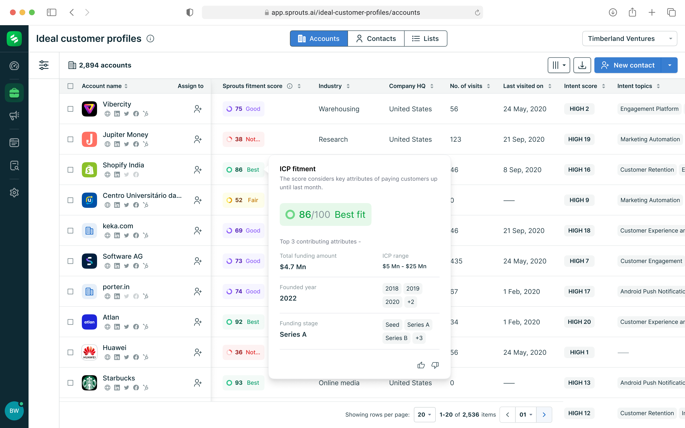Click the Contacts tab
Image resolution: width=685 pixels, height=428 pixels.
coord(376,39)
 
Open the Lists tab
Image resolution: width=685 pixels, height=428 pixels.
coord(426,39)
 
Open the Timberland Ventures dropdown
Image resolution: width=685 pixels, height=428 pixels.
coord(629,39)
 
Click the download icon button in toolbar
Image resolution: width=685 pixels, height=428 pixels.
coord(582,65)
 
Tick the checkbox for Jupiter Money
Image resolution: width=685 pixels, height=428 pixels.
coord(70,139)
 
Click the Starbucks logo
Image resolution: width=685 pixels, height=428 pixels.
coord(89,383)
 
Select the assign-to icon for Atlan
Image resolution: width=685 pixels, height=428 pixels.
coord(198,322)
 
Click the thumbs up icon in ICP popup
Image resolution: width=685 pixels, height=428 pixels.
coord(421,365)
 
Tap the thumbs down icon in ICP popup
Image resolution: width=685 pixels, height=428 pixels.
coord(435,365)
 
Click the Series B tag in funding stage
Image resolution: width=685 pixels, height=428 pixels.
coord(396,338)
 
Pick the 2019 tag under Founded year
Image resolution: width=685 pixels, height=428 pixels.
coord(412,288)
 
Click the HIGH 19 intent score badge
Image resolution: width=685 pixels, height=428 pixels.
coord(579,139)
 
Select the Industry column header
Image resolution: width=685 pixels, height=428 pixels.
coord(330,86)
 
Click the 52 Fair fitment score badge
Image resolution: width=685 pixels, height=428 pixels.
coord(243,200)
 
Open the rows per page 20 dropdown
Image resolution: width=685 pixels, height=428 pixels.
coord(424,414)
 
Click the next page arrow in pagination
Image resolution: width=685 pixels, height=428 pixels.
coord(544,414)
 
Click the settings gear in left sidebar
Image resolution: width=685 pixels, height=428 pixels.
coord(14,193)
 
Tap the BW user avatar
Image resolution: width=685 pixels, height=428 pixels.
coord(14,411)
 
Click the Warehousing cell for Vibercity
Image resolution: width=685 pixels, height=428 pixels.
coord(339,109)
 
